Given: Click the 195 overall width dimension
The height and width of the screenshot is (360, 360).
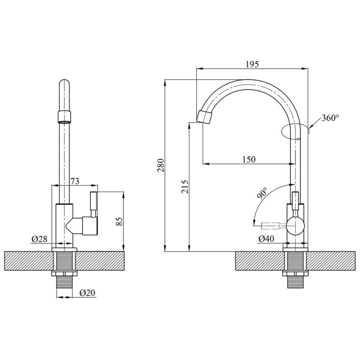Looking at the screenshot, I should (252, 64).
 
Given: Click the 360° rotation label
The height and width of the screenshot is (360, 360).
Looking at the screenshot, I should (330, 118).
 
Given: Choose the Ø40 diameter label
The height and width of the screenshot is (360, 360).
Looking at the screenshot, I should (267, 239).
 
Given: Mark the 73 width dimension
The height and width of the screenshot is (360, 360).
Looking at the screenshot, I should (75, 181).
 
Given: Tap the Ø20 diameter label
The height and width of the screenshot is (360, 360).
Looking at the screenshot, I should (86, 293).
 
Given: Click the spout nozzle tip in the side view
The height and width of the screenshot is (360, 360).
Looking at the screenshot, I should (205, 117).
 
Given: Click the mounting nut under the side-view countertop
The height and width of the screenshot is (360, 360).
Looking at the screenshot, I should (294, 273).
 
